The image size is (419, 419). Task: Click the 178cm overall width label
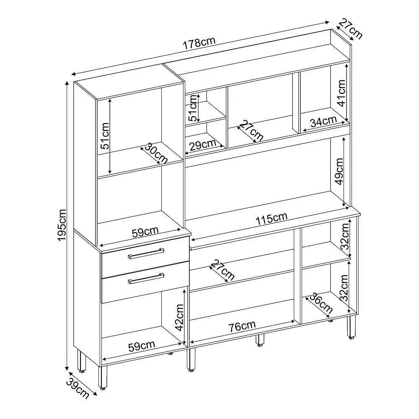199,42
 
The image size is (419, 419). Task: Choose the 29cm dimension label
202,145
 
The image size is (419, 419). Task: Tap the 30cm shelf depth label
156,153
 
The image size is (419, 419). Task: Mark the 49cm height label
339,171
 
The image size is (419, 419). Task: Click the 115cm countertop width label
272,219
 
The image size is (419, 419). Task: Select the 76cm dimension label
242,326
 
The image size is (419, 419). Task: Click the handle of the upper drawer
146,253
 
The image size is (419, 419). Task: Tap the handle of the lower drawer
146,278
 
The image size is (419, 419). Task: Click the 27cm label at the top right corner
350,29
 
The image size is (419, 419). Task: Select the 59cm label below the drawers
142,346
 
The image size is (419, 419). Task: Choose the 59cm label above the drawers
145,232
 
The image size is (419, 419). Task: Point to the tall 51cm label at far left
104,135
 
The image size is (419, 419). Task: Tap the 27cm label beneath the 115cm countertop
222,270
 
